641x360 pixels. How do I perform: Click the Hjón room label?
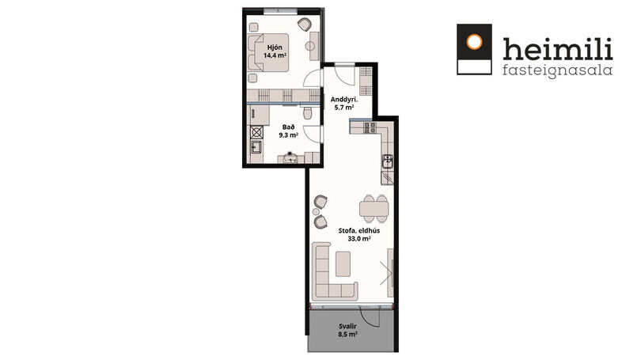tap(275, 47)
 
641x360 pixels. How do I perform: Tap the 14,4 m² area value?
tap(275, 55)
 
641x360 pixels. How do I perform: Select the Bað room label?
tap(288, 127)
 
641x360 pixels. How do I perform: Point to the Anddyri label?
tap(344, 99)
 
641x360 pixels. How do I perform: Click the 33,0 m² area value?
tap(359, 239)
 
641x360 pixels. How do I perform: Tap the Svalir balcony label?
tap(347, 326)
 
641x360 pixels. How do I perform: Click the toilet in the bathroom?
tap(309, 112)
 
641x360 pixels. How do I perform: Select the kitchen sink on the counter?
tap(387, 161)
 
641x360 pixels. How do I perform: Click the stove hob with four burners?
tap(370, 127)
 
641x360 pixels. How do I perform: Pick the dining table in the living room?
tap(374, 209)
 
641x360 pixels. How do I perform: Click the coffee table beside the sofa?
tap(343, 263)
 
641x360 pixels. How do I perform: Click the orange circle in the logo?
tap(474, 42)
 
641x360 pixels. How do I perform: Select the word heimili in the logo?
tap(558, 48)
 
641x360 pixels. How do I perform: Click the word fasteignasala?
tap(557, 70)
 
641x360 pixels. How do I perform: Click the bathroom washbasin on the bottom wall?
tap(291, 157)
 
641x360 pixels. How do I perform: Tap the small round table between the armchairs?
tap(317, 212)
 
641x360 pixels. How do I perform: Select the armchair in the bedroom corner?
tap(304, 25)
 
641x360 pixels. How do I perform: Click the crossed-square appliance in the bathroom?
tap(256, 132)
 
